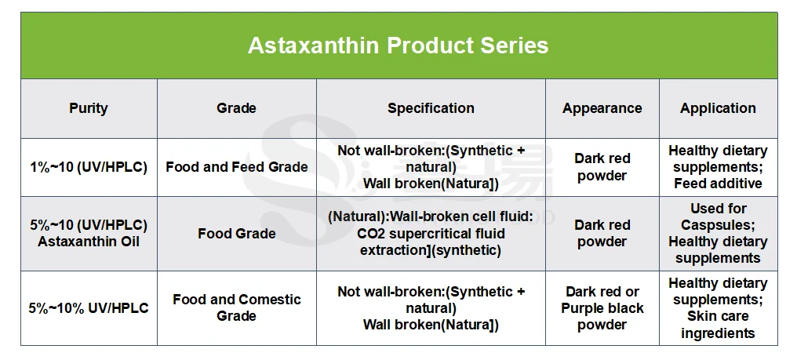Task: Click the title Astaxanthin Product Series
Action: point(398,45)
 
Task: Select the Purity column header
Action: point(89,108)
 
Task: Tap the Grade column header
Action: point(236,107)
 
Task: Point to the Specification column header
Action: point(431,108)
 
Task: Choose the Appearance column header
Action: point(602,108)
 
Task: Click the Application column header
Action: point(718,108)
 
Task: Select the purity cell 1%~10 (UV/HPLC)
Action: point(89,167)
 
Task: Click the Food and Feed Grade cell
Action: point(236,167)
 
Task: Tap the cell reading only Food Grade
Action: point(236,234)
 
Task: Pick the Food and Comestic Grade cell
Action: point(236,307)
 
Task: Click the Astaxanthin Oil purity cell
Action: point(89,233)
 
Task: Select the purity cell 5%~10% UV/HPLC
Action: point(89,308)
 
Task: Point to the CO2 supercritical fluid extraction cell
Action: point(431,234)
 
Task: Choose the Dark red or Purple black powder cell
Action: point(602,308)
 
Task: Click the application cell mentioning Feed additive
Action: point(718,167)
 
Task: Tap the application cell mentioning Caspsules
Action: point(718,234)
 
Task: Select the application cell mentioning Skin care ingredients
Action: point(718,308)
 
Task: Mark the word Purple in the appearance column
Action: point(582,309)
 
